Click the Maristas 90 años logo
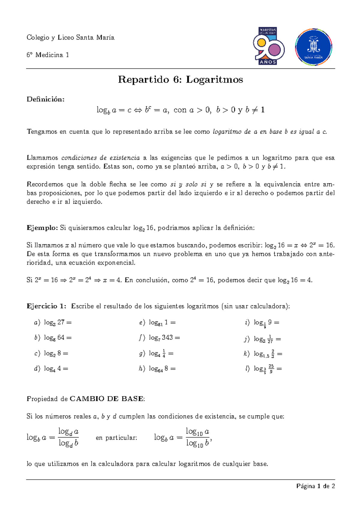(x=268, y=46)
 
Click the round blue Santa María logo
(x=313, y=47)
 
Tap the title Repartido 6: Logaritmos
(x=180, y=80)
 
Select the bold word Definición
(x=45, y=99)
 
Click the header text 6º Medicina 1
(x=48, y=55)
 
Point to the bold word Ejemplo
(x=42, y=228)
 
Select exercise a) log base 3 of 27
(x=53, y=323)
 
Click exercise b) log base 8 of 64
(x=53, y=338)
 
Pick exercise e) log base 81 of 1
(x=157, y=323)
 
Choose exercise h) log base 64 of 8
(x=157, y=369)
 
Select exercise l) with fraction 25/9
(x=263, y=369)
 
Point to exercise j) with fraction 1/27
(x=263, y=339)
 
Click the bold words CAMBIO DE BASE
(x=106, y=399)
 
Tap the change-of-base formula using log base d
(x=53, y=437)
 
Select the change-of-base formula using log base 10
(x=183, y=437)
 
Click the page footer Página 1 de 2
(x=315, y=486)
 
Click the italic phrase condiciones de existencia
(x=100, y=158)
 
